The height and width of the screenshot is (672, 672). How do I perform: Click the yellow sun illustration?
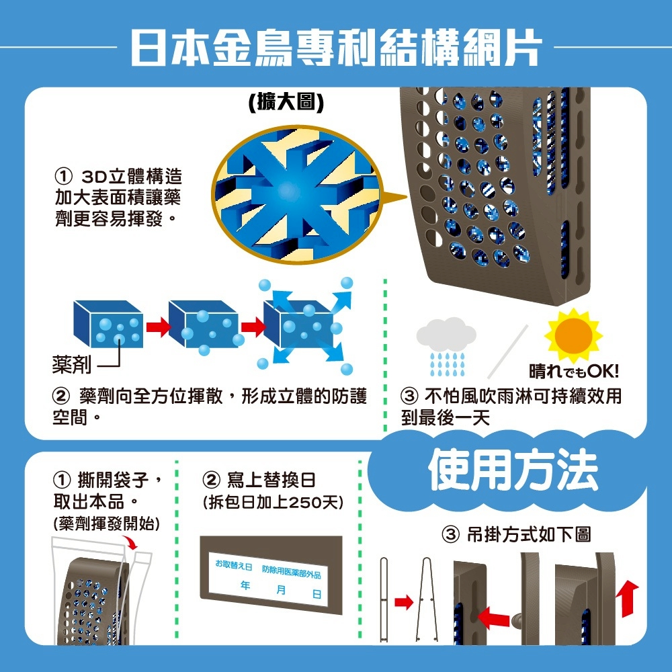point(573,335)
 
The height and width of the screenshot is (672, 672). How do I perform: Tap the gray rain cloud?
point(446,333)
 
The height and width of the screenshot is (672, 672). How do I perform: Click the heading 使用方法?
point(513,469)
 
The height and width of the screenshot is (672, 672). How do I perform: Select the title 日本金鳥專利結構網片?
point(336,47)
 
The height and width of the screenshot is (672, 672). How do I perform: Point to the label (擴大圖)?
point(286,102)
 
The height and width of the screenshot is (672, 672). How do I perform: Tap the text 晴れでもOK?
point(574,371)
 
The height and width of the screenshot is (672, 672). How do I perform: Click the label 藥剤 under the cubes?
point(72,365)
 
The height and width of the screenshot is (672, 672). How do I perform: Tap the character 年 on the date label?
point(245,585)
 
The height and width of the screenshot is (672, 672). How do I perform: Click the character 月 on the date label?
point(281,589)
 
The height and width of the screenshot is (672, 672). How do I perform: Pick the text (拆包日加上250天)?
point(273,502)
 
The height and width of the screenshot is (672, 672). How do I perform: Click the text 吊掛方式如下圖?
point(516,534)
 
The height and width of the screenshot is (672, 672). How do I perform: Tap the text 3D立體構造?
point(132,176)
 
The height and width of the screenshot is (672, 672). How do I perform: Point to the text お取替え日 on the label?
point(234,564)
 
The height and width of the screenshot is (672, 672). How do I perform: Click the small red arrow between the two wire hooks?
point(403,602)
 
